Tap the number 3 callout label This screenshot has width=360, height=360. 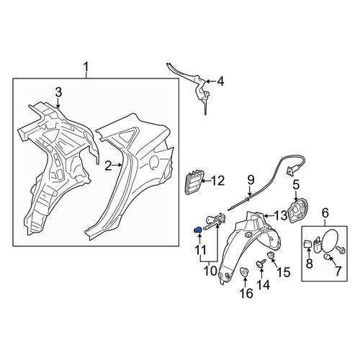[x=58, y=92]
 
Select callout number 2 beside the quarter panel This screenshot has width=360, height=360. [x=109, y=166]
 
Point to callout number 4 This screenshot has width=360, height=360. [x=220, y=81]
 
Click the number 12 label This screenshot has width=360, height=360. [x=218, y=181]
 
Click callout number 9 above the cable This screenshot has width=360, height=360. [x=251, y=181]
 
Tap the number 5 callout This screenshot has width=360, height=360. [x=296, y=185]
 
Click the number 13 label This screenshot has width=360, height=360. [x=281, y=216]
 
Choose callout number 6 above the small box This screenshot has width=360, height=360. [x=325, y=213]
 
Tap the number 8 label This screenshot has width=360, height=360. [x=310, y=264]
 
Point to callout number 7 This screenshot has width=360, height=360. [x=338, y=271]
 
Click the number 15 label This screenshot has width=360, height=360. [x=284, y=272]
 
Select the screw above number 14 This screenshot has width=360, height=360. [x=261, y=263]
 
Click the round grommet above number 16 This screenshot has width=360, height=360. [x=244, y=272]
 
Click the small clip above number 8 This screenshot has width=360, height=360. [x=307, y=244]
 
